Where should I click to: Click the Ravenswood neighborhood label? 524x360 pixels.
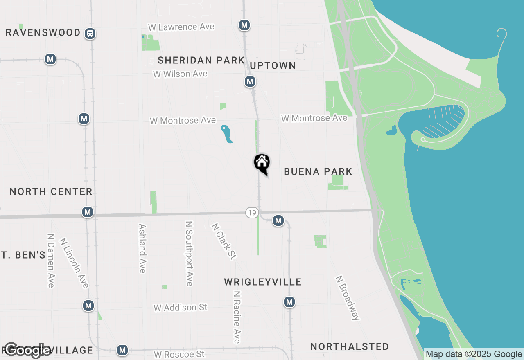point(43,33)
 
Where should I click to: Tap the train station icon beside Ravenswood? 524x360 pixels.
point(90,34)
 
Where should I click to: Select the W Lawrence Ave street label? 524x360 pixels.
point(181,27)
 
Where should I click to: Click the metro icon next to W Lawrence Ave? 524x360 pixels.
point(244,25)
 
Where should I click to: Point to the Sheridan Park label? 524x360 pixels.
point(201,61)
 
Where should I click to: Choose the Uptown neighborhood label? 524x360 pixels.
point(273,65)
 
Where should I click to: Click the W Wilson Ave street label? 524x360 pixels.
point(180,74)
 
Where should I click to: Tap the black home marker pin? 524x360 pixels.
point(262,163)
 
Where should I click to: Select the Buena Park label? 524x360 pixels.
point(318,171)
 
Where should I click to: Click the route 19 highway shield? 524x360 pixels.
point(252,213)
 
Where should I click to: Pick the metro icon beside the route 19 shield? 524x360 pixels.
point(278,221)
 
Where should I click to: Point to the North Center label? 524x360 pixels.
point(51,191)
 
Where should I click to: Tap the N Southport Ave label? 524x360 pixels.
point(189,254)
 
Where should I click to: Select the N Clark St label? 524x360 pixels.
point(224,241)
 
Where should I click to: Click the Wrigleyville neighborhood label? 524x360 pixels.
point(263,282)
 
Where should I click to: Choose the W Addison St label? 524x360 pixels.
point(181,308)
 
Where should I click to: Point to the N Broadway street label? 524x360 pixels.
point(348,298)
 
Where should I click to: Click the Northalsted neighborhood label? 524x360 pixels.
point(350,347)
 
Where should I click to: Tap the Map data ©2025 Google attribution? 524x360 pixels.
point(474,354)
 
